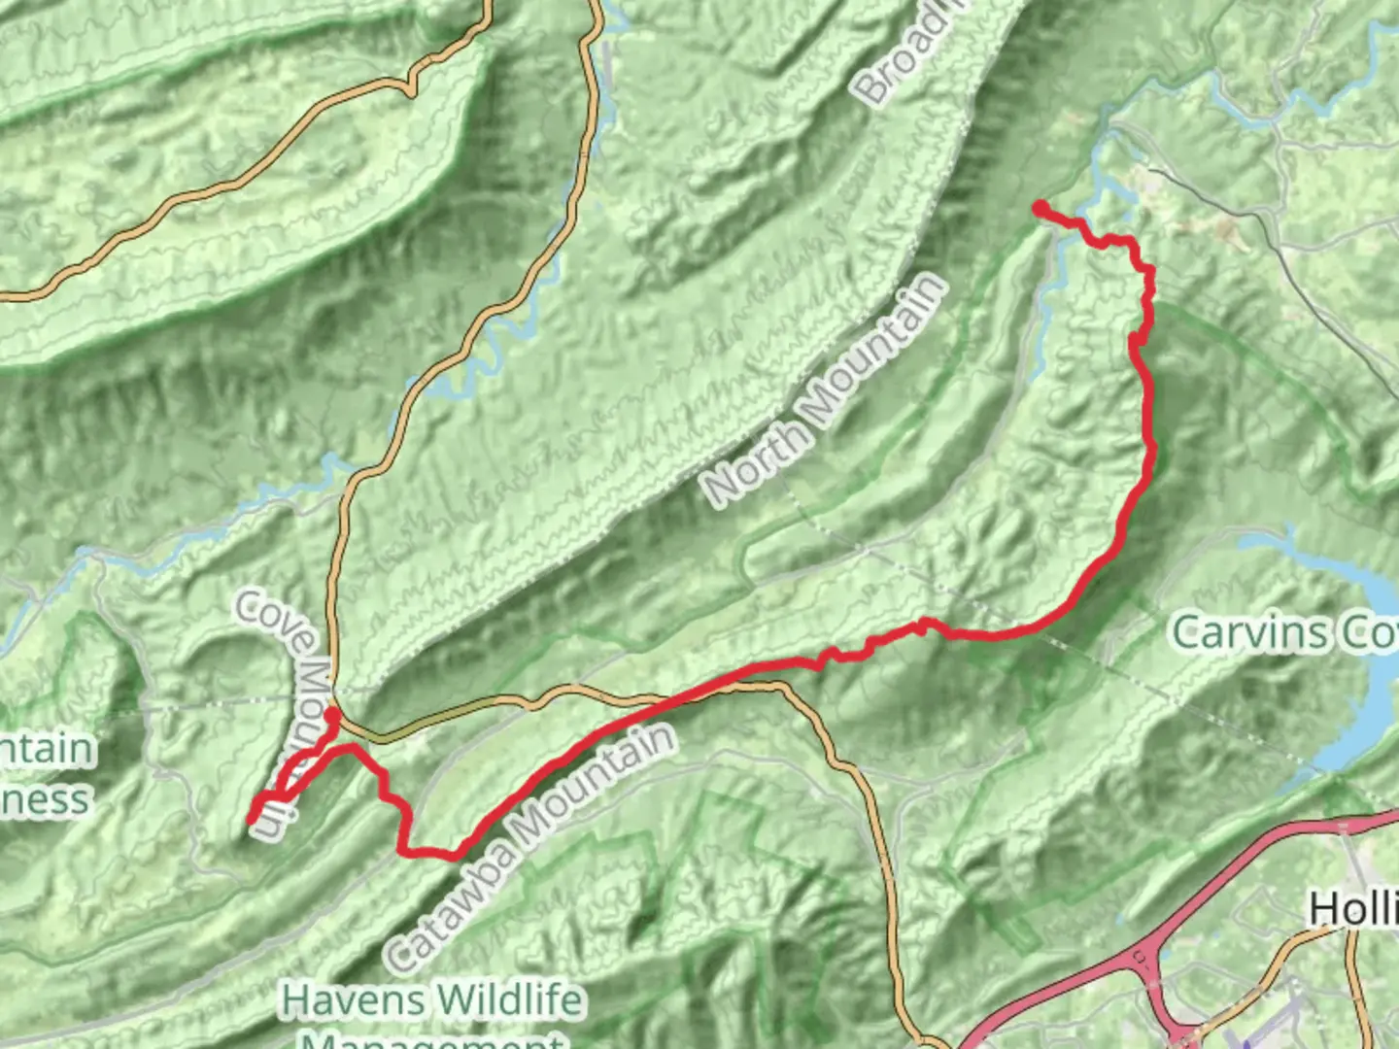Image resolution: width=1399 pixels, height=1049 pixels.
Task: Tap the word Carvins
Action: pos(1249,633)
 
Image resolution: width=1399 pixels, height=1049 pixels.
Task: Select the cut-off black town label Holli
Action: pos(1353,909)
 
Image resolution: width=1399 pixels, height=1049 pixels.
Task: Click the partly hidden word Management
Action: pos(432,1039)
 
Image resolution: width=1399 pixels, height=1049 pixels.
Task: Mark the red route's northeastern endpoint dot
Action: pos(1040,208)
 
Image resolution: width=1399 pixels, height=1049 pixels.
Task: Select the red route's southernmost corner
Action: pos(453,856)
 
